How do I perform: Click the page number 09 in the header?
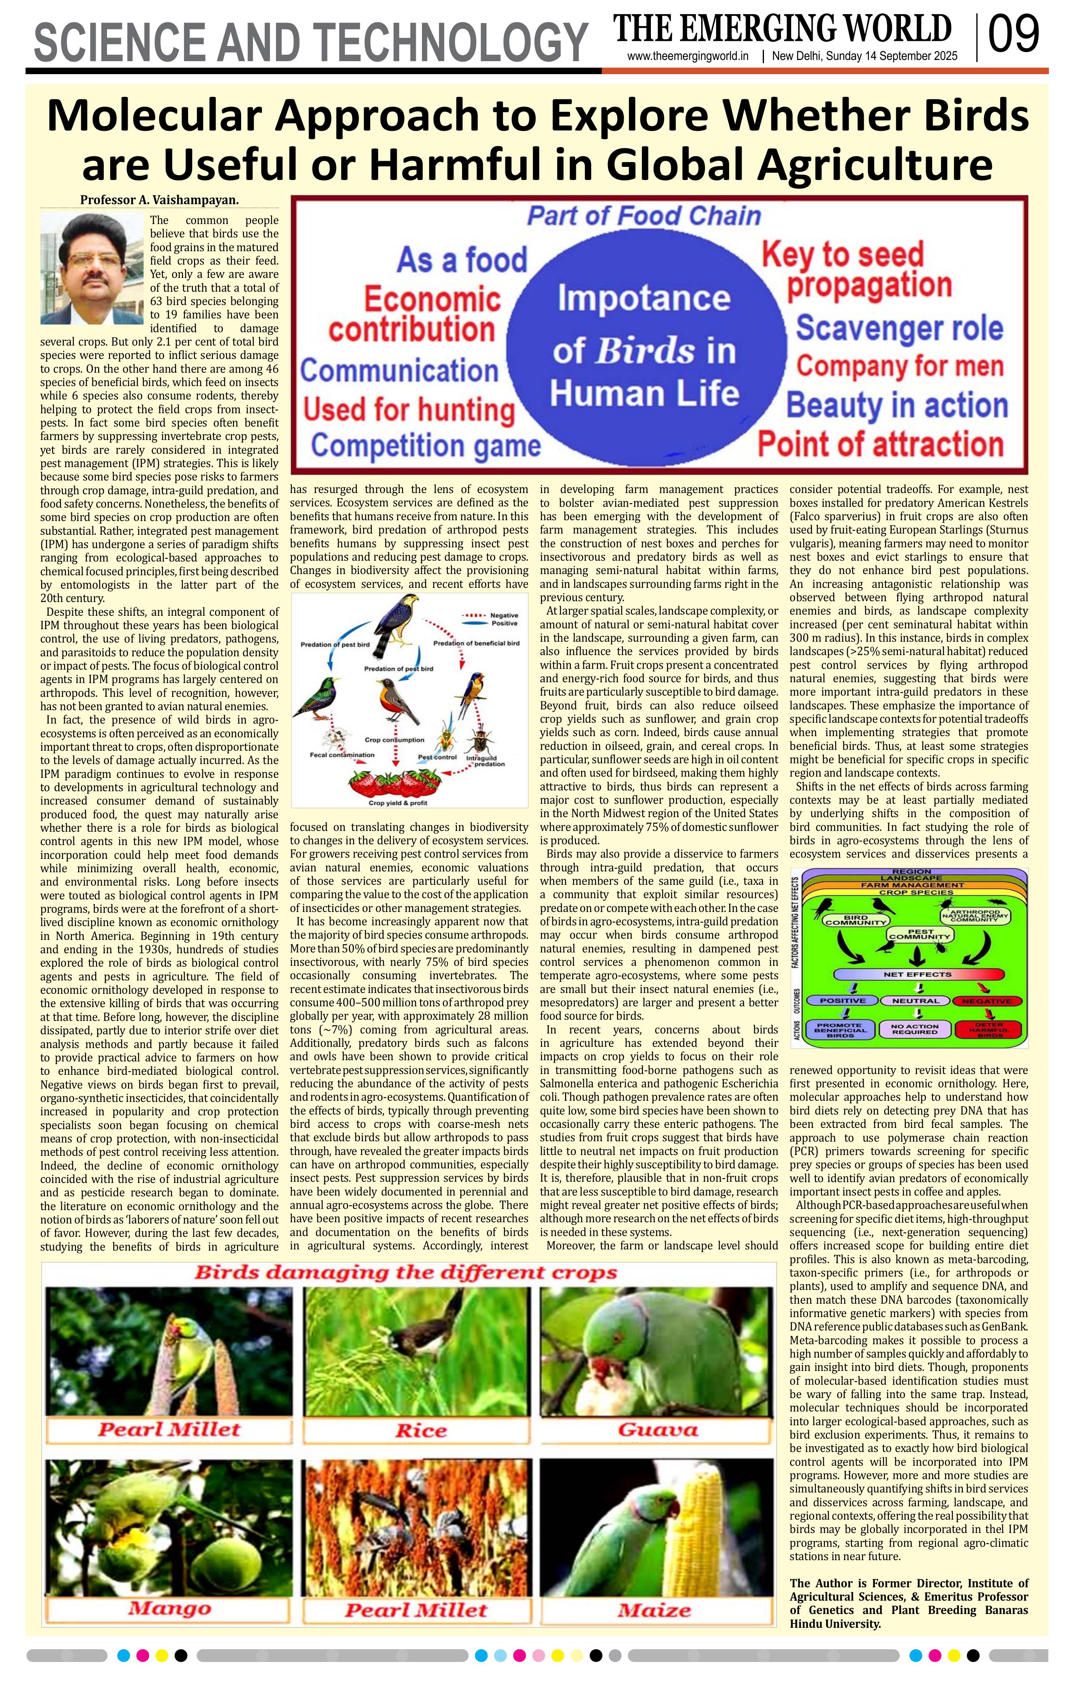[x=1013, y=35]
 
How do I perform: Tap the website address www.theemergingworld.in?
[x=688, y=57]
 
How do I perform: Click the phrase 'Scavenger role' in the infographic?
[x=899, y=328]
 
